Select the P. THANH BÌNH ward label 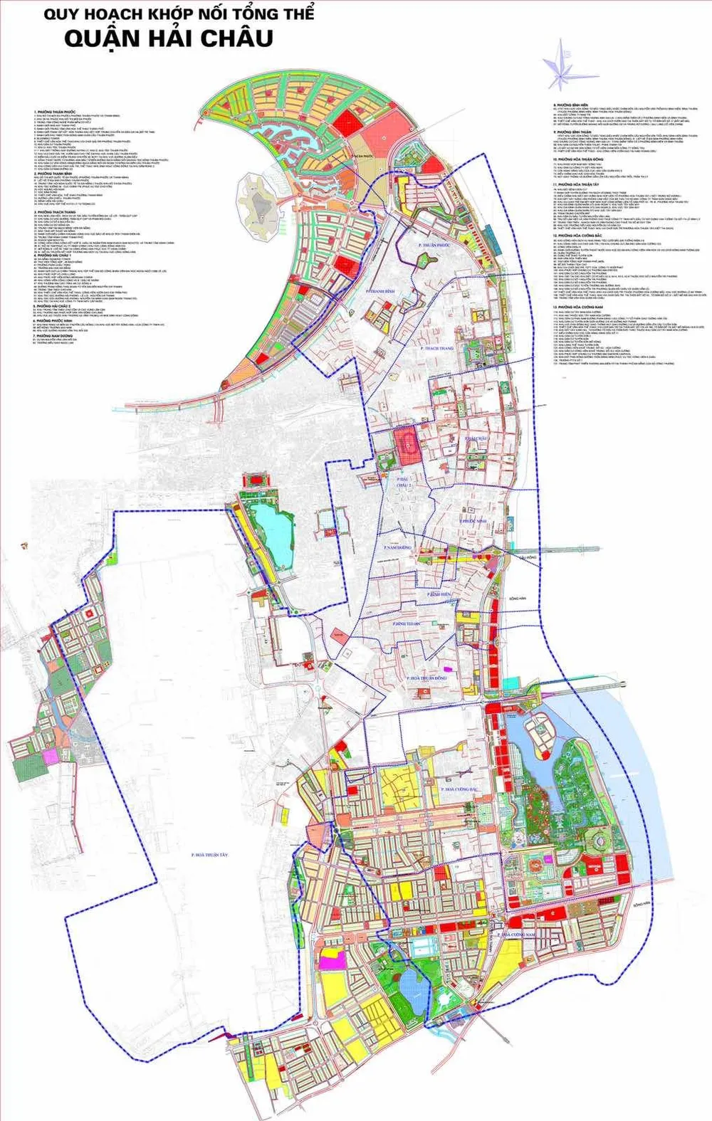pos(379,291)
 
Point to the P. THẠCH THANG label pos(437,349)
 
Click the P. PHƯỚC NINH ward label pos(473,522)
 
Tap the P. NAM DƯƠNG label pos(398,547)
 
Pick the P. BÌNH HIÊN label pos(439,594)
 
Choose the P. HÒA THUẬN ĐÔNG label pos(427,678)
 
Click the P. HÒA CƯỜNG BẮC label pos(460,790)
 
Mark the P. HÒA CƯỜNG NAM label pos(518,934)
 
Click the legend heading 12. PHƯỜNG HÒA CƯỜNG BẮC pos(577,235)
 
